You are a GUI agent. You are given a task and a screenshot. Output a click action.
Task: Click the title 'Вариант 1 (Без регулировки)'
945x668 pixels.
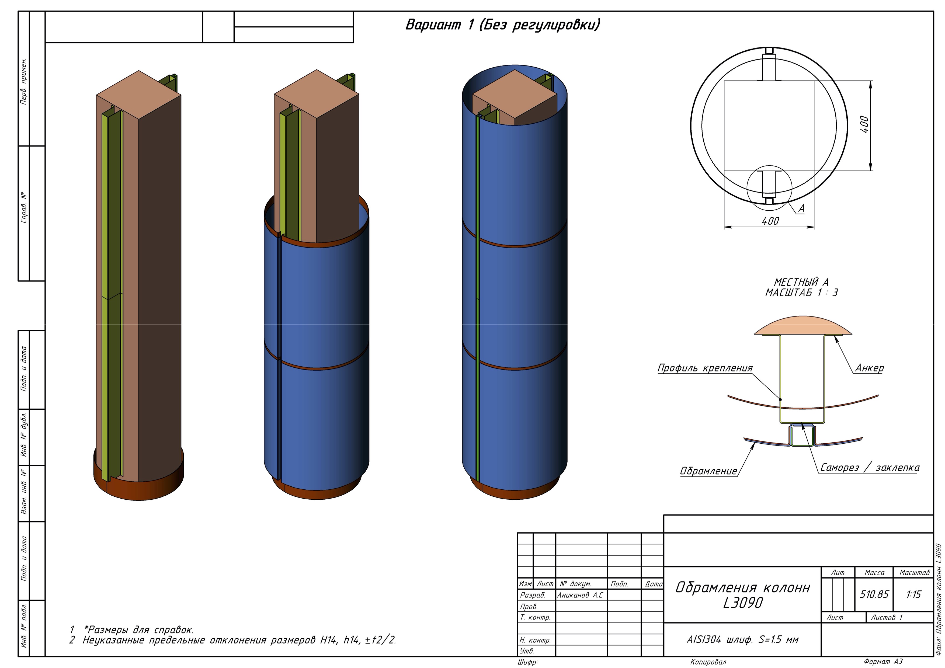coord(502,25)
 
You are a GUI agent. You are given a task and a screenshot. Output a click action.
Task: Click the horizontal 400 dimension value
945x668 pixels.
coord(770,221)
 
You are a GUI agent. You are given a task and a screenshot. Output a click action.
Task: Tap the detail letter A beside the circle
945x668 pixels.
coord(801,209)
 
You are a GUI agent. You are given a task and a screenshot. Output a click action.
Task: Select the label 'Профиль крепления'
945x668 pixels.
coord(705,368)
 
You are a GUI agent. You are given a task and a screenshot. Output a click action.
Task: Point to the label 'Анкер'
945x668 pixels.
coord(869,368)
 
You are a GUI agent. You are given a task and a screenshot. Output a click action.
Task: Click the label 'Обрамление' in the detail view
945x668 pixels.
coord(708,471)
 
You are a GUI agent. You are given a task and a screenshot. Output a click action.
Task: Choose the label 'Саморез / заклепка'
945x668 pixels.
coord(870,468)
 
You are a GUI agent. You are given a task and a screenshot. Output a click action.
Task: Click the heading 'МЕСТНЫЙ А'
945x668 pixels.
coord(801,282)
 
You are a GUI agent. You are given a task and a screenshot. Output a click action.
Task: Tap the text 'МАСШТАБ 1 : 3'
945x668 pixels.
coord(801,293)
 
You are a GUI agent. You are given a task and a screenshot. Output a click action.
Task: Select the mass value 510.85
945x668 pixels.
coord(874,594)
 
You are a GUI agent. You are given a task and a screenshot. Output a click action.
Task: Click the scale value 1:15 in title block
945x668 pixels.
coord(913,594)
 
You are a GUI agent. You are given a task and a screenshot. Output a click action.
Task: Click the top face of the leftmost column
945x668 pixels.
coord(139,94)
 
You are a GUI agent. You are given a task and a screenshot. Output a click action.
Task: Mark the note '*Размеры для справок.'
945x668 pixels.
coord(139,629)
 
